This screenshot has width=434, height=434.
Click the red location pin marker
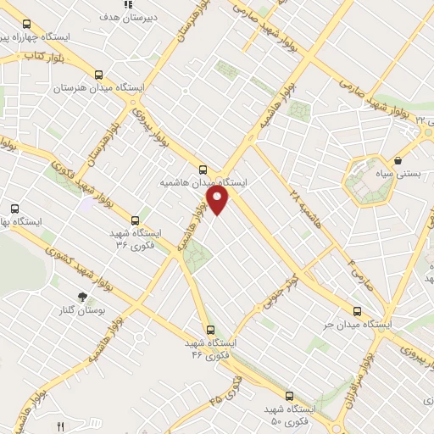pos(219,200)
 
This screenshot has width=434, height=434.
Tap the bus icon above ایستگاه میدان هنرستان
pos(100,75)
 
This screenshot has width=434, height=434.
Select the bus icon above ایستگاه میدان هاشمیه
pos(203,169)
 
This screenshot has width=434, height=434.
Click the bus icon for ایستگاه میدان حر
pos(357,311)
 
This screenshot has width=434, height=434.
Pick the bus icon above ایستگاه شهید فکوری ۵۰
pos(289,396)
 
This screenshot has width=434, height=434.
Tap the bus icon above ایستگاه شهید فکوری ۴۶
pos(210,331)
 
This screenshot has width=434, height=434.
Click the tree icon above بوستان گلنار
pos(82,297)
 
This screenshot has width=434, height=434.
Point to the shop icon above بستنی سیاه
pos(398,159)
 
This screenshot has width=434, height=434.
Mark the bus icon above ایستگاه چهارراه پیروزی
pos(26,24)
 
